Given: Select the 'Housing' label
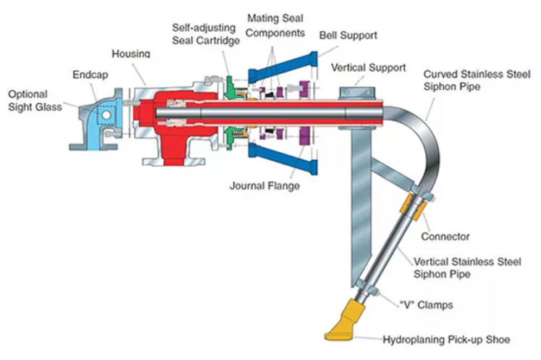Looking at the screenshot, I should click(131, 54).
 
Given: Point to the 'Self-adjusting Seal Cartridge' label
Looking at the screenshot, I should click(205, 33).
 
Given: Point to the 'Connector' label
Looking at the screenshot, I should click(445, 236).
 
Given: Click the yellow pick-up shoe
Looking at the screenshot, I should click(345, 323).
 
